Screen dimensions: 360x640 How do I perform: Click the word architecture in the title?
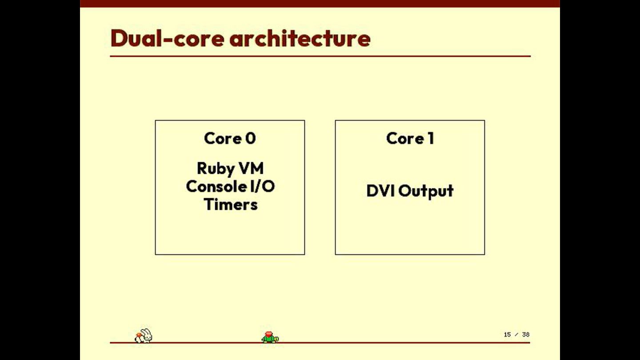pos(300,38)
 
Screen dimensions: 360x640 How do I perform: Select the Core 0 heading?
pos(230,138)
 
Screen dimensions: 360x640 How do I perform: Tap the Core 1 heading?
pos(410,138)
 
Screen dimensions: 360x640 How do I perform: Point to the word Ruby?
pos(216,169)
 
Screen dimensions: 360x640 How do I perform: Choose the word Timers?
pos(231,204)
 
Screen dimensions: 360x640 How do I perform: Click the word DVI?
pos(381,191)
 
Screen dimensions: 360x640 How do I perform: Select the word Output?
pos(426,191)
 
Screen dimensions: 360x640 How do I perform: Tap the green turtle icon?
pos(270,338)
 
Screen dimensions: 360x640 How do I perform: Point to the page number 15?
pos(507,335)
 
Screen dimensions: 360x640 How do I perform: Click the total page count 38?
pos(526,335)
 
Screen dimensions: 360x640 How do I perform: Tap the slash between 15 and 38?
pos(516,335)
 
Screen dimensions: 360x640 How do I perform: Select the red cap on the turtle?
pos(268,334)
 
